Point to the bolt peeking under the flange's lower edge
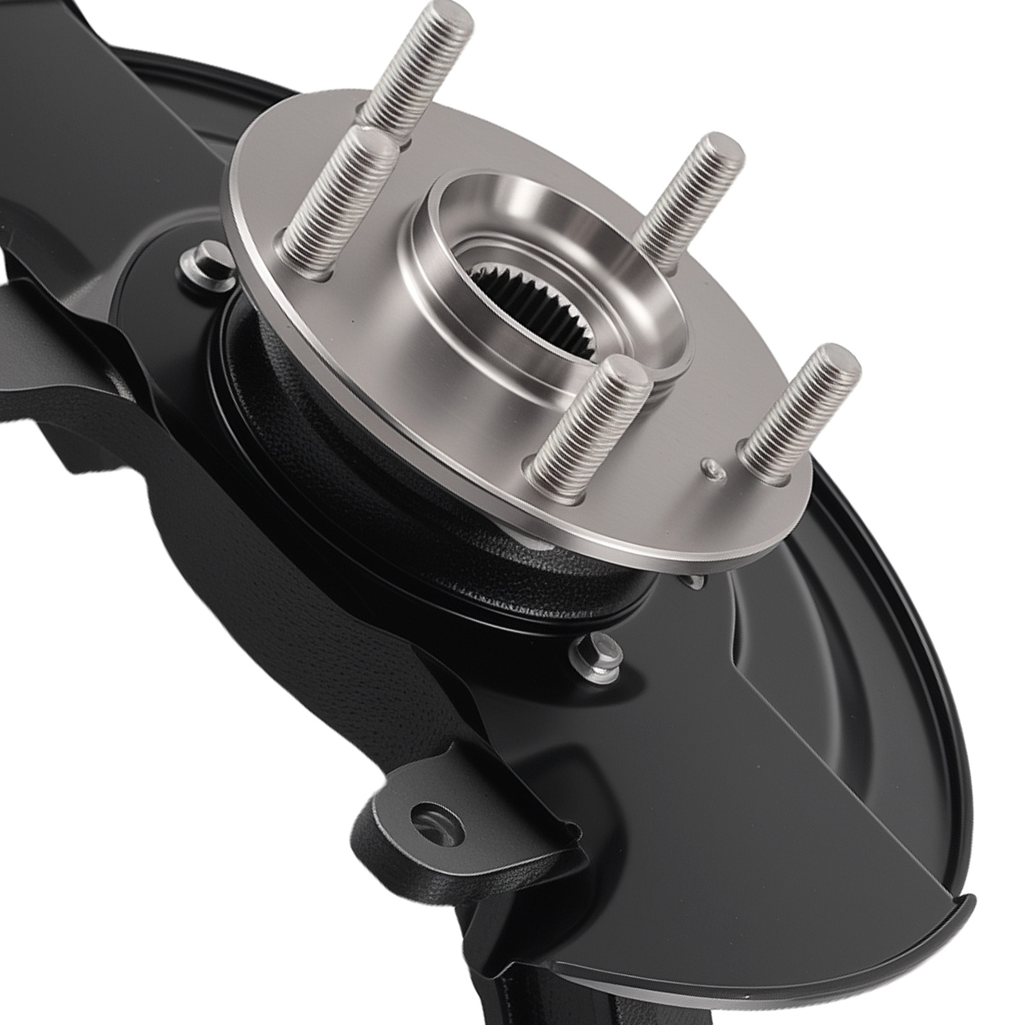click(695, 580)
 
